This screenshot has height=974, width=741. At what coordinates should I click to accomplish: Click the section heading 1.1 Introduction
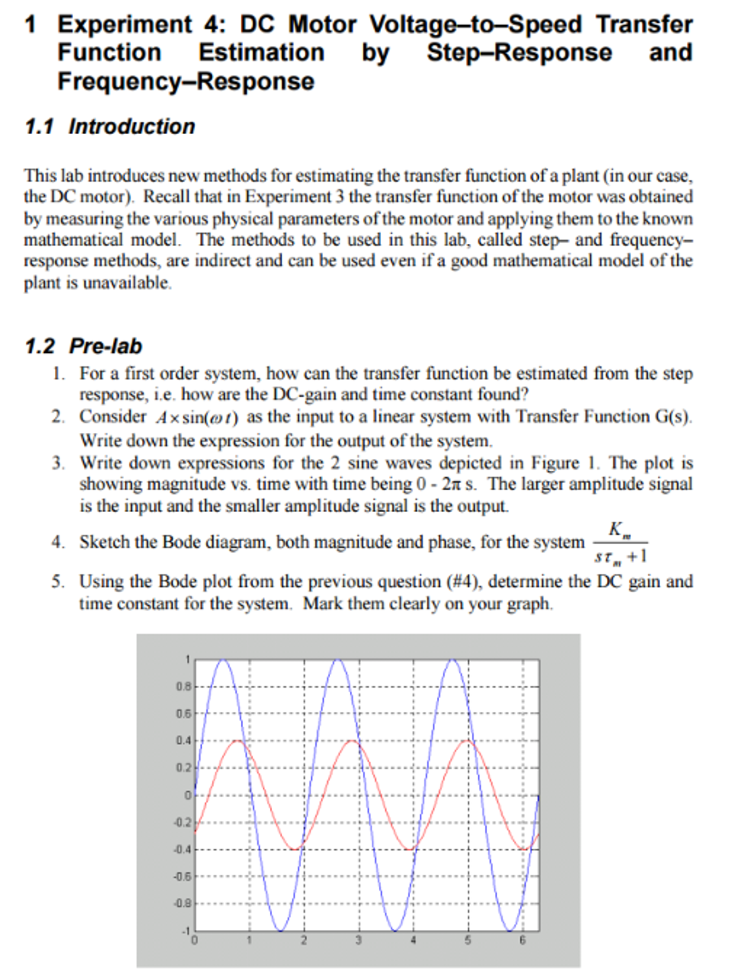coord(110,127)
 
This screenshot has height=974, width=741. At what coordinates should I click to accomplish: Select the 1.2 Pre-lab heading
coord(84,346)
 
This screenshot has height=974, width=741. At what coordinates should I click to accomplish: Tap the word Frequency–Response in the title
coord(186,81)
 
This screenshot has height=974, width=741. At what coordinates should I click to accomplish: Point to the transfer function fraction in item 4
coord(620,542)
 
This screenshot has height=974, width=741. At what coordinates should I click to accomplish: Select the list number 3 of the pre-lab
coord(58,463)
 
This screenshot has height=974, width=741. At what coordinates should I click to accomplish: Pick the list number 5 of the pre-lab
coord(58,581)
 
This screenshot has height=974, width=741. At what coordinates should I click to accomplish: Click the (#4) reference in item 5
coord(462,581)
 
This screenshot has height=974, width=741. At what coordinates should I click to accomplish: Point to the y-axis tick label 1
coord(188,659)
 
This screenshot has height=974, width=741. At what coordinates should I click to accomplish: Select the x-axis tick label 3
coord(358,940)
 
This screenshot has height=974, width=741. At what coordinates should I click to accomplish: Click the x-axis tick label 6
coord(523,940)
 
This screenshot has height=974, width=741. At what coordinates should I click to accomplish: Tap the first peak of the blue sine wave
coord(223,660)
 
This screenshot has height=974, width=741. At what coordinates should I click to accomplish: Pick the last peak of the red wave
coord(468,741)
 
